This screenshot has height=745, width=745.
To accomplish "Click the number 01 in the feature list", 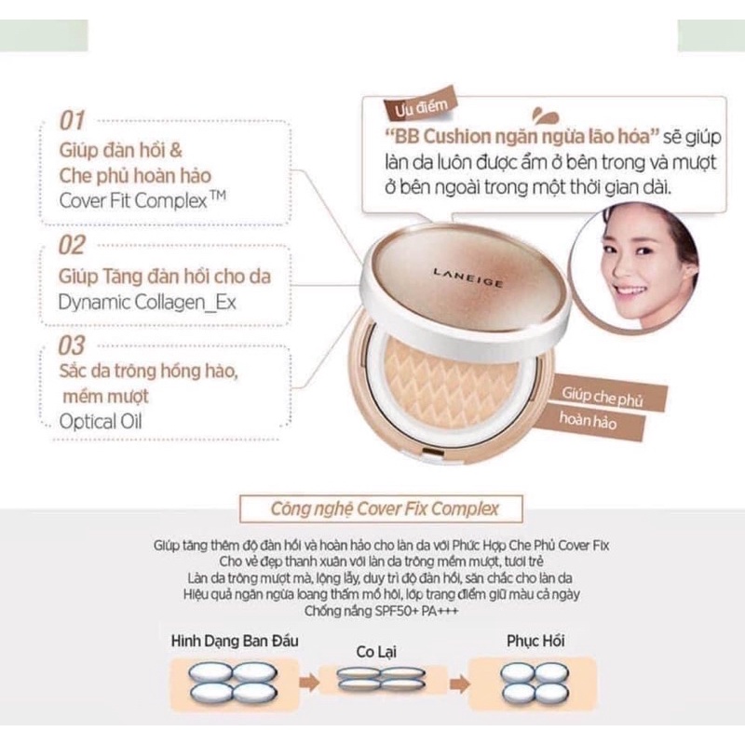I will (x=72, y=120).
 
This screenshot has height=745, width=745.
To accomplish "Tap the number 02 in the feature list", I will (x=73, y=246).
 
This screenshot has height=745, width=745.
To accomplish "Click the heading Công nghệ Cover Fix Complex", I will (x=384, y=509).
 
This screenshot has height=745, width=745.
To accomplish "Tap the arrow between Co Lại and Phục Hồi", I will (x=455, y=683).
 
